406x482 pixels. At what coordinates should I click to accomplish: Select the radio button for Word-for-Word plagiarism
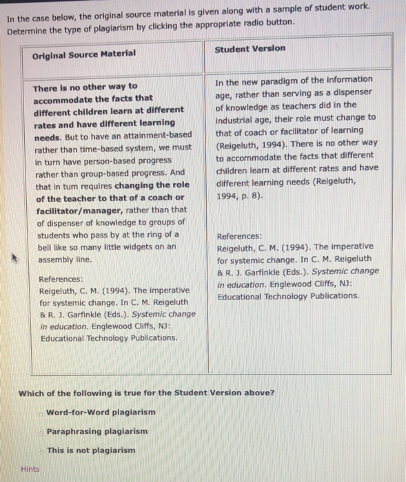point(41,412)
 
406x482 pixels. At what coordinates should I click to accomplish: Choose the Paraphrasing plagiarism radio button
point(41,432)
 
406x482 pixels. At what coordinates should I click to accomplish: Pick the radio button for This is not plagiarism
point(41,450)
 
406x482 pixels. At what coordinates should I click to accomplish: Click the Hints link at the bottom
point(30,469)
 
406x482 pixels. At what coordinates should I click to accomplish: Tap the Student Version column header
point(250,49)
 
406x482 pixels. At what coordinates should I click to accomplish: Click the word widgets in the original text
point(147,246)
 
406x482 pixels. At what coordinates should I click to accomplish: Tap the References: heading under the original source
point(61,280)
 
